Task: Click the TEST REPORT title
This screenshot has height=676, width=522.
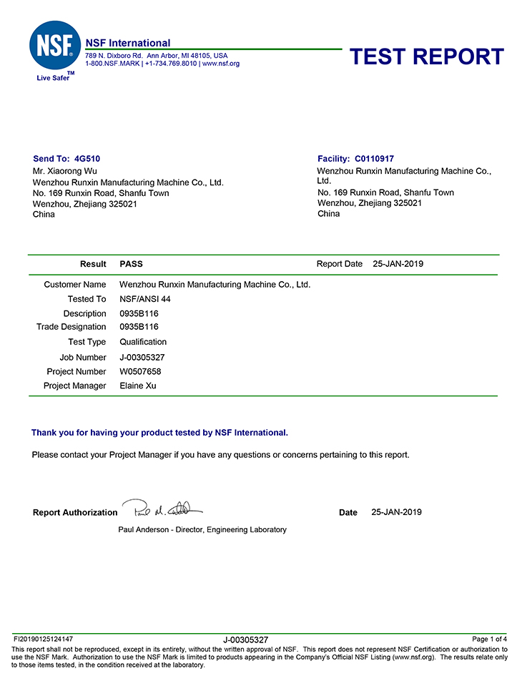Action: coord(427,57)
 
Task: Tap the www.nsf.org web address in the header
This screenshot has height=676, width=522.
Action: coord(221,64)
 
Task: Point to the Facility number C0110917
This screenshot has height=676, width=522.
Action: coord(374,159)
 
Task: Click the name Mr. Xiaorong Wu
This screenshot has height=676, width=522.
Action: coord(65,171)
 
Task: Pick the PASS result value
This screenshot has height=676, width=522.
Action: coord(131,264)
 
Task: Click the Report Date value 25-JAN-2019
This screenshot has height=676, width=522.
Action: coord(398,264)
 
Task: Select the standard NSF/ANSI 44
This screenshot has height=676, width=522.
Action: coord(144,299)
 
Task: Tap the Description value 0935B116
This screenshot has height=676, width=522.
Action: coord(139,313)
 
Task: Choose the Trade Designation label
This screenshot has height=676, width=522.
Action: coord(71,327)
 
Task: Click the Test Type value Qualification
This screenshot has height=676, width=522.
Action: coord(143,342)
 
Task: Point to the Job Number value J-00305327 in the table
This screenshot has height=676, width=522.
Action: coord(145,357)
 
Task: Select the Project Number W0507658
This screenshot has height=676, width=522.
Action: coord(140,371)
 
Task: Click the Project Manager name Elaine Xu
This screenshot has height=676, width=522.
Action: coord(137,386)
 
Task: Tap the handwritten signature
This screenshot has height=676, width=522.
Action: coord(162,509)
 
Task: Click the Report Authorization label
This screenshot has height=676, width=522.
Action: coord(75,512)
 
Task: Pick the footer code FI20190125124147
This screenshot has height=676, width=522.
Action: coord(44,639)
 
